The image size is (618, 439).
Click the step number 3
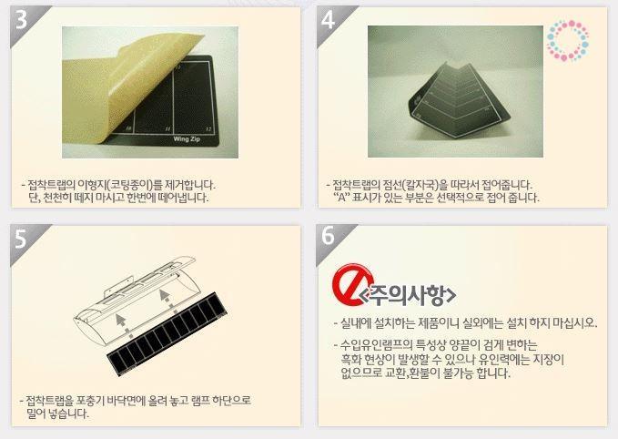21,20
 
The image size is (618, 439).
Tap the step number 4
328,20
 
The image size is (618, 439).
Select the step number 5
21,239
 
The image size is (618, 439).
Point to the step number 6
328,236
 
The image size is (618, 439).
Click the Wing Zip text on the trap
187,138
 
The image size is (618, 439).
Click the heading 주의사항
409,295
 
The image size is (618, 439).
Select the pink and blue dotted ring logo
568,40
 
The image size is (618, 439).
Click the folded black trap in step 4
459,101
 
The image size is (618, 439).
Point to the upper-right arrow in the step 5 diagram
165,299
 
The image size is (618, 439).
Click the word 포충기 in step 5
91,401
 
